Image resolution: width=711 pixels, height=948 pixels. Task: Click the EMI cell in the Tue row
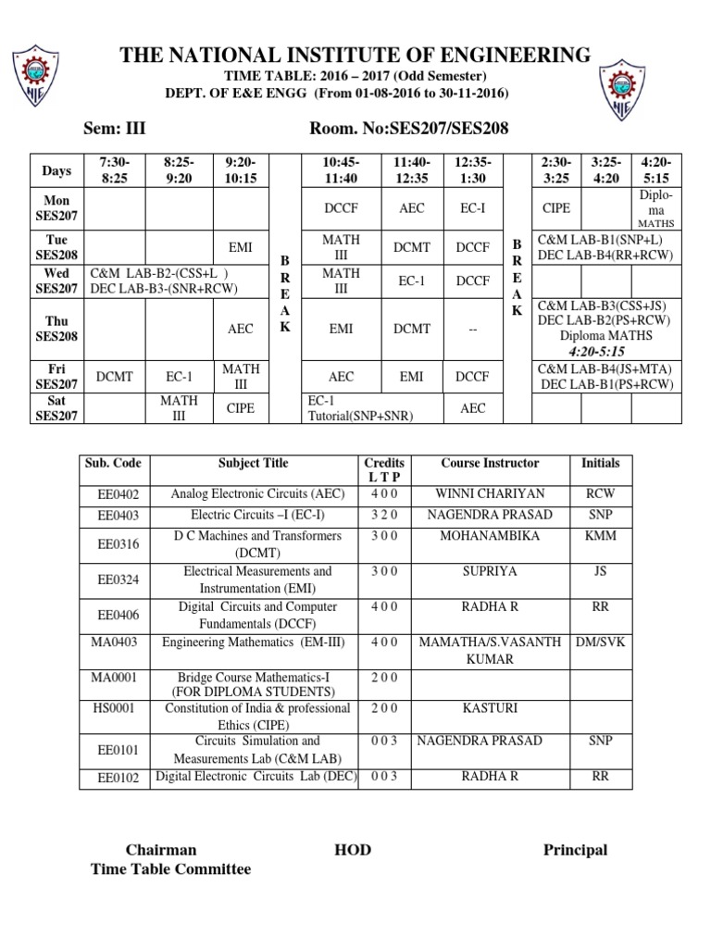240,247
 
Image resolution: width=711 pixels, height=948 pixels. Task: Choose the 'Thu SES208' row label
56,328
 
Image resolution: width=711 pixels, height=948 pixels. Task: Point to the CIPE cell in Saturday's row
240,408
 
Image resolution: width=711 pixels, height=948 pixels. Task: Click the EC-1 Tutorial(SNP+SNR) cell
360,408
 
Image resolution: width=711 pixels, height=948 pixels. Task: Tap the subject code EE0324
118,580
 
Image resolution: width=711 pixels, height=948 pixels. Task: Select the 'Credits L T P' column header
384,469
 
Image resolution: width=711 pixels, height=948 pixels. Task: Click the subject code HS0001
118,708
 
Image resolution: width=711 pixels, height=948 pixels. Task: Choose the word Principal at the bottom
575,850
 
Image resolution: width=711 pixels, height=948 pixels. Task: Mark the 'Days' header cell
56,170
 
